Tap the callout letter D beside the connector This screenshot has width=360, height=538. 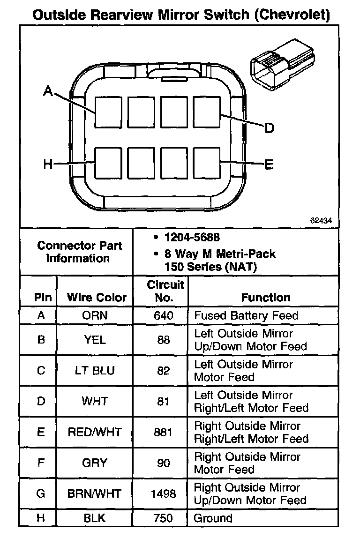coord(269,127)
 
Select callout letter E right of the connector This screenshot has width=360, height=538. coord(269,164)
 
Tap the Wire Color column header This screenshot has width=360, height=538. coord(97,297)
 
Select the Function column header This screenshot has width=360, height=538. coord(265,297)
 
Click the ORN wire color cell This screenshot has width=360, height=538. coord(95,315)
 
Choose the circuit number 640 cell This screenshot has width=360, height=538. coord(163,315)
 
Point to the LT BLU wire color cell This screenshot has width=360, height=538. coord(95,371)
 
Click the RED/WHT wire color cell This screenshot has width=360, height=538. coord(95,432)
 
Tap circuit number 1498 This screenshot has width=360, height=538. coord(163,493)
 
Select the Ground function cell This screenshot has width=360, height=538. coord(213,518)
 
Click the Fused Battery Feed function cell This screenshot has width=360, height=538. coord(246,315)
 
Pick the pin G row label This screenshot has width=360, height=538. coord(41,493)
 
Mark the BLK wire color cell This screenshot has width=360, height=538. coord(95,518)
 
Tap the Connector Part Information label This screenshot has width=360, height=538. coord(79,252)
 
